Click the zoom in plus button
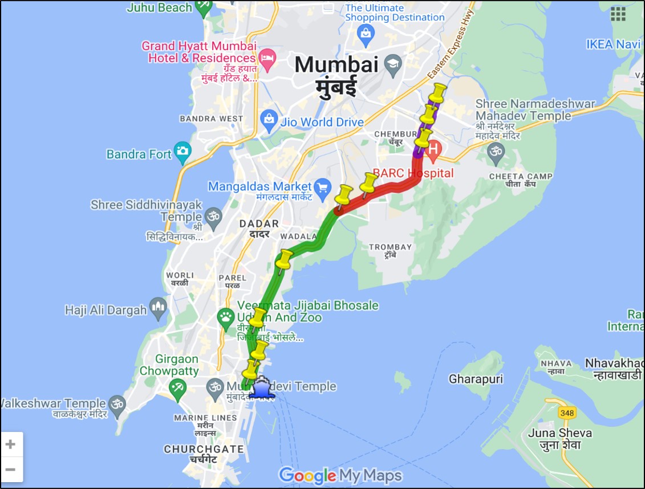(x=11, y=444)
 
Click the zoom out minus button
(x=11, y=470)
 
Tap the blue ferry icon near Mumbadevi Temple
(x=261, y=388)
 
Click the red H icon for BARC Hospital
(x=433, y=150)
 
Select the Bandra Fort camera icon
(x=182, y=151)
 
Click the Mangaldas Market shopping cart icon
(x=323, y=186)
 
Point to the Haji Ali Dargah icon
(x=158, y=308)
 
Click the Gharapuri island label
(x=472, y=379)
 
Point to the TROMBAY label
(x=391, y=247)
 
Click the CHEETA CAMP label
(x=521, y=177)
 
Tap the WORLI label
(x=180, y=275)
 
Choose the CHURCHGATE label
(x=204, y=449)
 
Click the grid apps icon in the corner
(x=618, y=14)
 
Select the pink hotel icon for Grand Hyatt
(x=266, y=57)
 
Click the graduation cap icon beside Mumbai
(x=393, y=63)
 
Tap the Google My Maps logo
(x=340, y=475)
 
